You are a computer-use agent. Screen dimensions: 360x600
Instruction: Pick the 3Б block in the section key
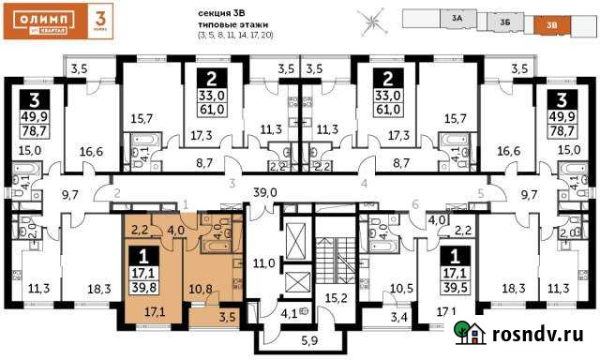(x=504, y=21)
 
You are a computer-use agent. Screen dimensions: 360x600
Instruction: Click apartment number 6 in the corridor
(x=414, y=203)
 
